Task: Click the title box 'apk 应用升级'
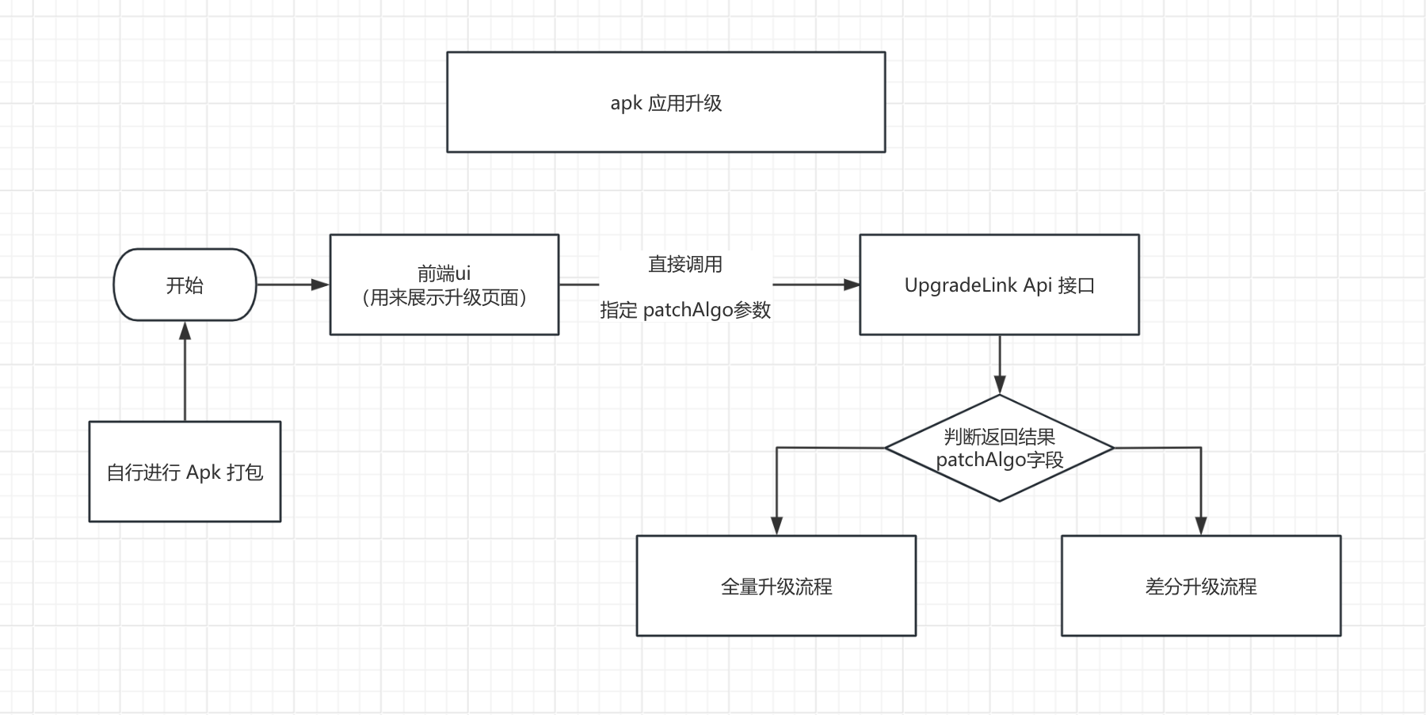pos(665,102)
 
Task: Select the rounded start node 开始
pos(185,285)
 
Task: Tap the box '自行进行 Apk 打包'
pos(185,472)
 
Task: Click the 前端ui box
pos(444,285)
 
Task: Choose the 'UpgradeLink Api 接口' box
pos(999,285)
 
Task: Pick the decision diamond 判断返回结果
pos(999,448)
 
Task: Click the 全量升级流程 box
pos(776,586)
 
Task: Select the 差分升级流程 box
pos(1200,586)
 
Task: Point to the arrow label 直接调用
pos(684,264)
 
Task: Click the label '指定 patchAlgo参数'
pos(684,310)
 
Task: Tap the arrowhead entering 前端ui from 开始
pos(321,285)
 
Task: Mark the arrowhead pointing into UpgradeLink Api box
pos(852,285)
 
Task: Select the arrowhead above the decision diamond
pos(999,386)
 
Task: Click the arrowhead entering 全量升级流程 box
pos(776,526)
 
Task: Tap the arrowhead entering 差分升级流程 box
pos(1200,526)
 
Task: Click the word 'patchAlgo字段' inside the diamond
pos(999,460)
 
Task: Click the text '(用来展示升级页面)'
pos(444,298)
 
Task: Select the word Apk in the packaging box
pos(204,473)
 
